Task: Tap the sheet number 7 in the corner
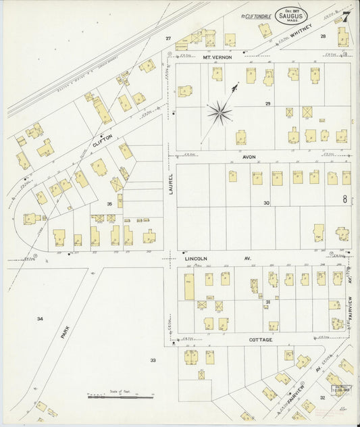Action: pyautogui.click(x=345, y=15)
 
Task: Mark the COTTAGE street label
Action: pyautogui.click(x=260, y=340)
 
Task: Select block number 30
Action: pyautogui.click(x=266, y=203)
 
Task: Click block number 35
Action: pyautogui.click(x=108, y=203)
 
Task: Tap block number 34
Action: pyautogui.click(x=41, y=318)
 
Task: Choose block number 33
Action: pyautogui.click(x=153, y=360)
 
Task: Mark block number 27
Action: pyautogui.click(x=169, y=39)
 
